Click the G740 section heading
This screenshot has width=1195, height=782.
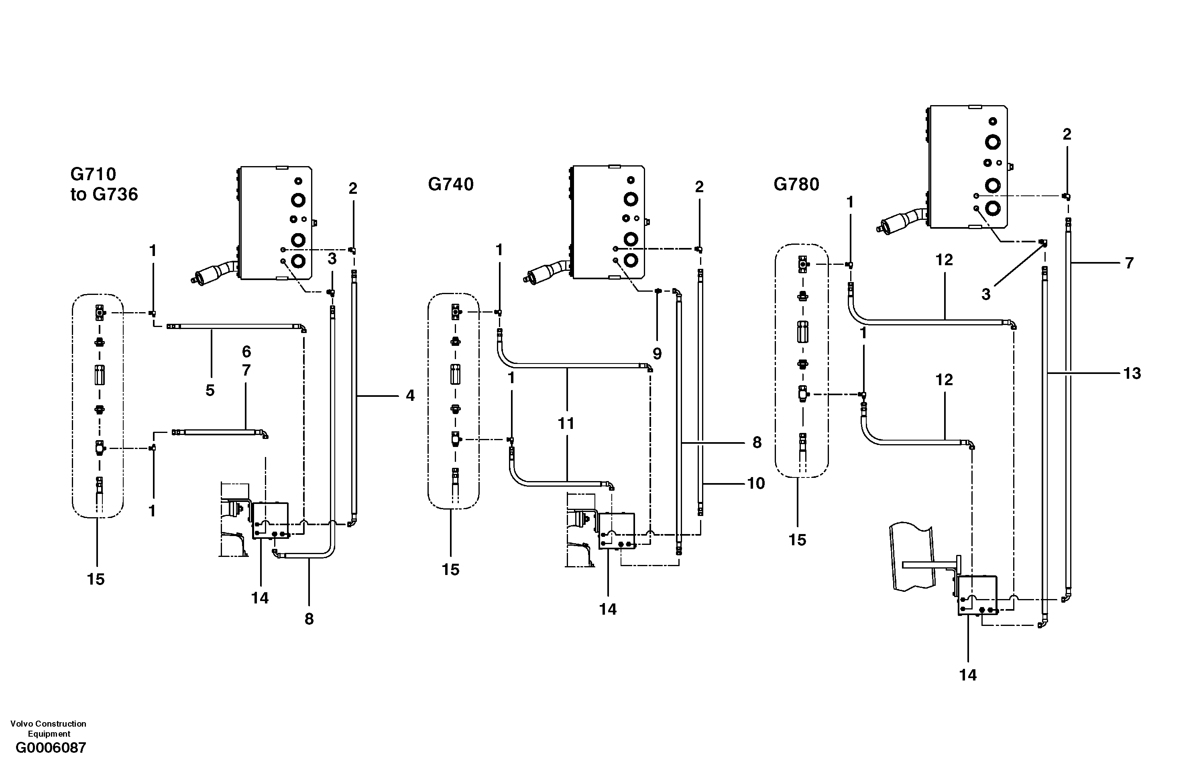[x=450, y=185]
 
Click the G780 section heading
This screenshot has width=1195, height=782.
[x=796, y=185]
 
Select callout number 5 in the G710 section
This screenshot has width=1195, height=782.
[x=210, y=390]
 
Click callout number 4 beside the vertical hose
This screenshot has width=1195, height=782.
[x=410, y=396]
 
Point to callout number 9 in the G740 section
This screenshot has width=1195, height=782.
[x=657, y=354]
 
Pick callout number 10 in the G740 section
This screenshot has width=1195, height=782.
[x=756, y=484]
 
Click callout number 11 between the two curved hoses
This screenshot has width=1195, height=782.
[x=566, y=424]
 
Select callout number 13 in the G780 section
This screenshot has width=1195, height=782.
[x=1132, y=374]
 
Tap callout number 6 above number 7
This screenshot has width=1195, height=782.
[x=246, y=351]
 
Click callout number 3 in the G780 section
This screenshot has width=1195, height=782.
[x=985, y=295]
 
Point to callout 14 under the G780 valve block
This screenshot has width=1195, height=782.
[x=967, y=676]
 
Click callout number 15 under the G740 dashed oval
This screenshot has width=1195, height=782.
[x=450, y=570]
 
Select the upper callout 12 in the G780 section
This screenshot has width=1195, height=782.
[x=944, y=260]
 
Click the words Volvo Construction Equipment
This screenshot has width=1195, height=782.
[x=48, y=728]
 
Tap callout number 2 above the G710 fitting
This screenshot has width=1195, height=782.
[x=352, y=189]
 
